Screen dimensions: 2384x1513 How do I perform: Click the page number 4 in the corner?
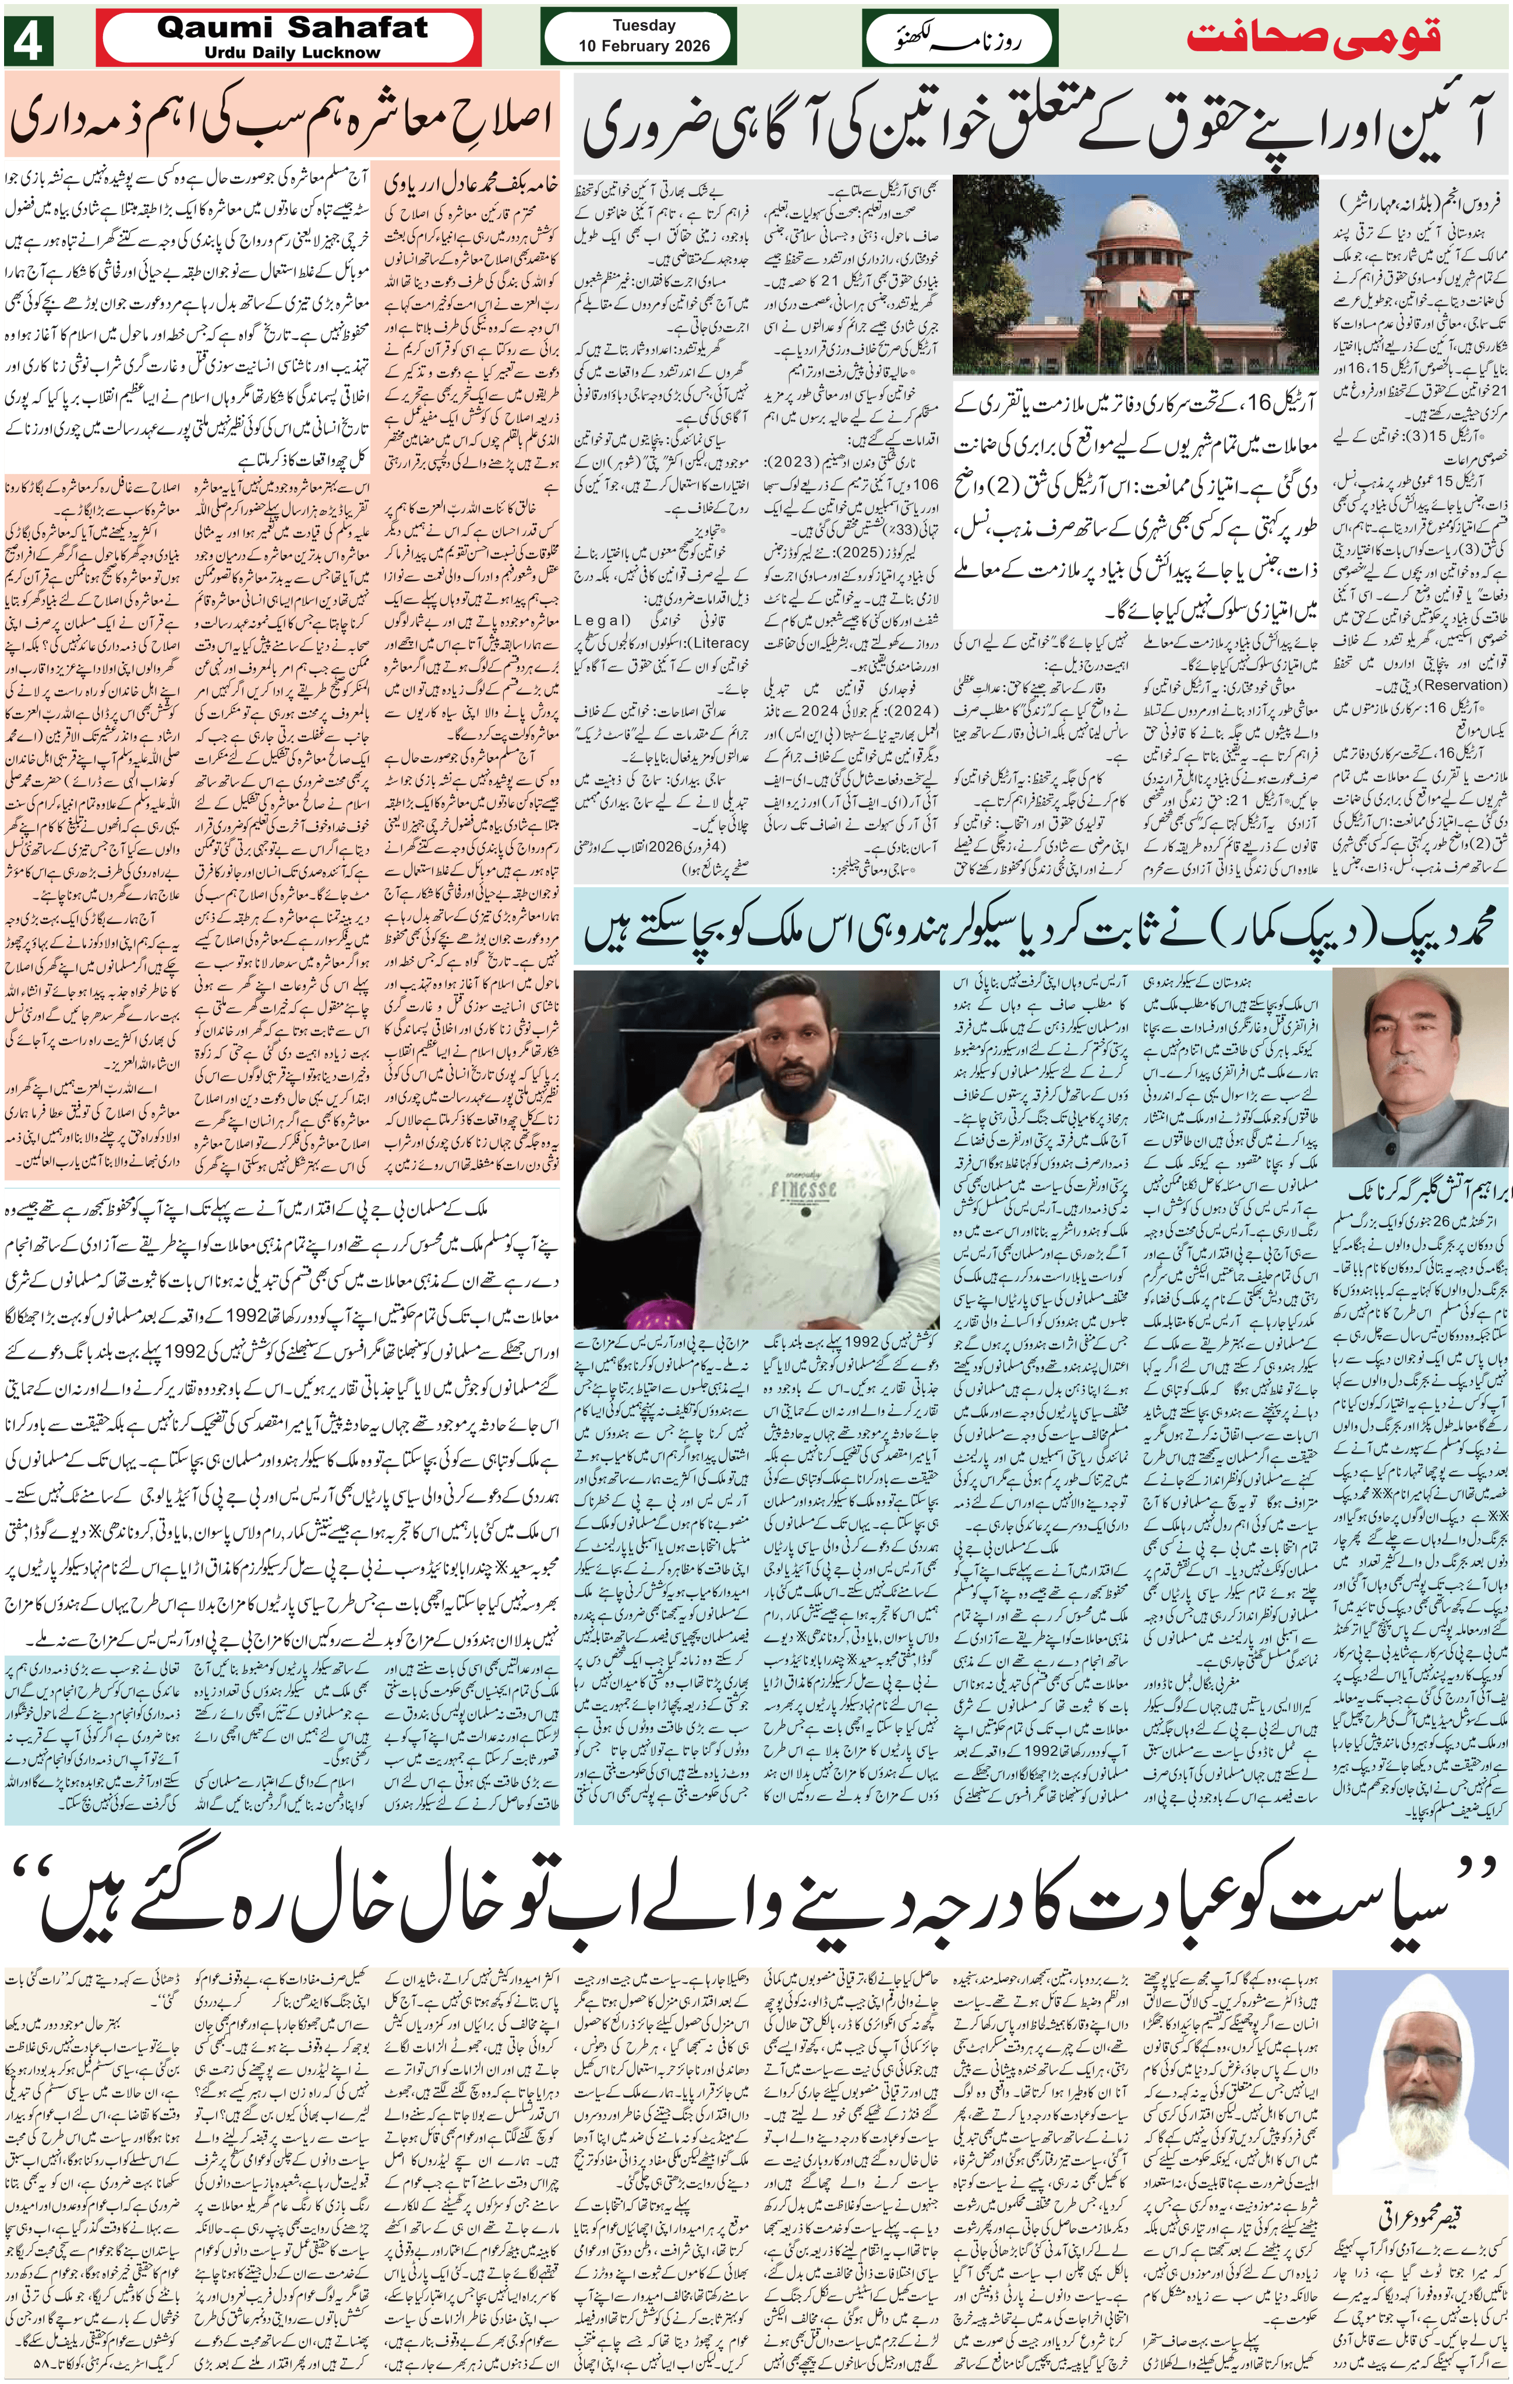pos(27,41)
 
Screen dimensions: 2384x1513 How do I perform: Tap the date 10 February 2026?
pos(644,45)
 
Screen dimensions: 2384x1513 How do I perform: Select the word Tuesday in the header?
pos(644,26)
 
